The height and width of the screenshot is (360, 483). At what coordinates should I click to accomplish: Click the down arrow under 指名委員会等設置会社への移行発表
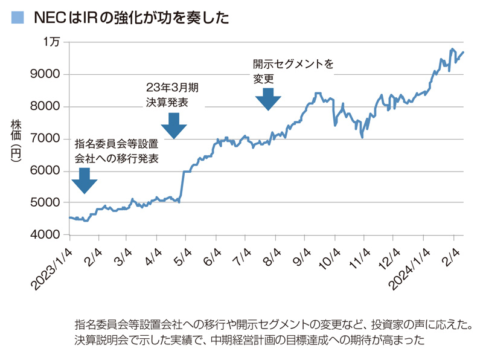pyautogui.click(x=85, y=181)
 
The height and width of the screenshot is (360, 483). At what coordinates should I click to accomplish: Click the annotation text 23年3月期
pyautogui.click(x=172, y=88)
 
